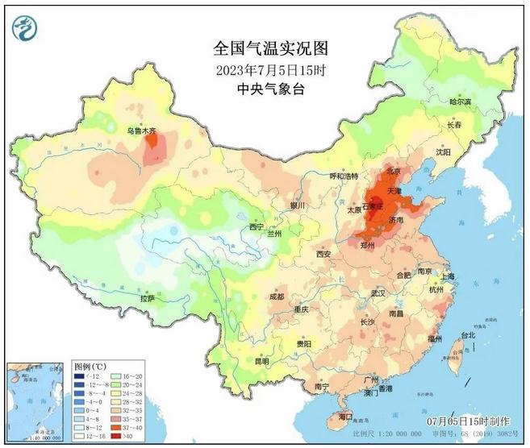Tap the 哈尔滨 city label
click(459, 102)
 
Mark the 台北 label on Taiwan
click(467, 334)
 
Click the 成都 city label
click(276, 297)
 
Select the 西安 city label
click(323, 254)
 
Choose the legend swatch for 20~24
click(115, 385)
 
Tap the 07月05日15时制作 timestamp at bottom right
click(468, 421)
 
